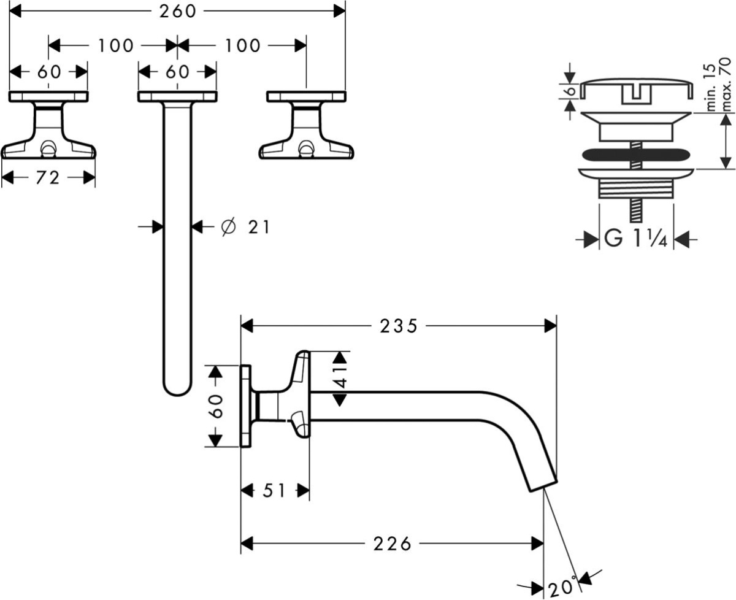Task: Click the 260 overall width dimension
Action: pyautogui.click(x=177, y=10)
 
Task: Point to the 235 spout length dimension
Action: pyautogui.click(x=398, y=326)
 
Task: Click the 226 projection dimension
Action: pyautogui.click(x=393, y=544)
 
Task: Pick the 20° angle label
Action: pyautogui.click(x=562, y=587)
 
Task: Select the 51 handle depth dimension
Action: pyautogui.click(x=274, y=491)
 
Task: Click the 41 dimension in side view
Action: pyautogui.click(x=340, y=379)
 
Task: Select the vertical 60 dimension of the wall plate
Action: pyautogui.click(x=215, y=406)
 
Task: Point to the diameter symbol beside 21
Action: pyautogui.click(x=227, y=228)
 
